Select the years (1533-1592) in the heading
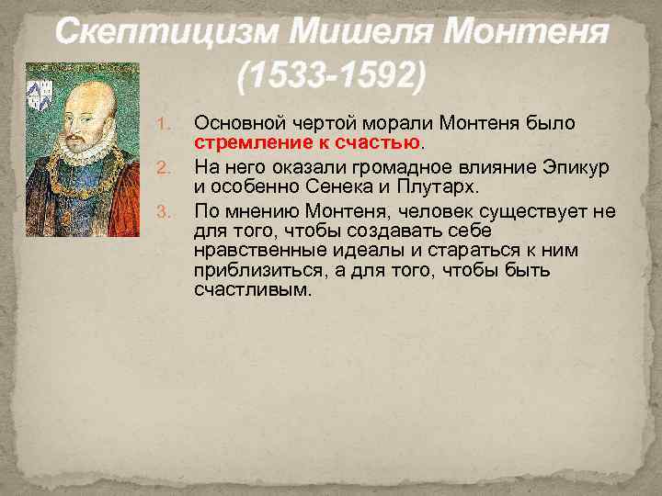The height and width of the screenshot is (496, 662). (331, 78)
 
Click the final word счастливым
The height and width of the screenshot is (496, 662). (253, 290)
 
